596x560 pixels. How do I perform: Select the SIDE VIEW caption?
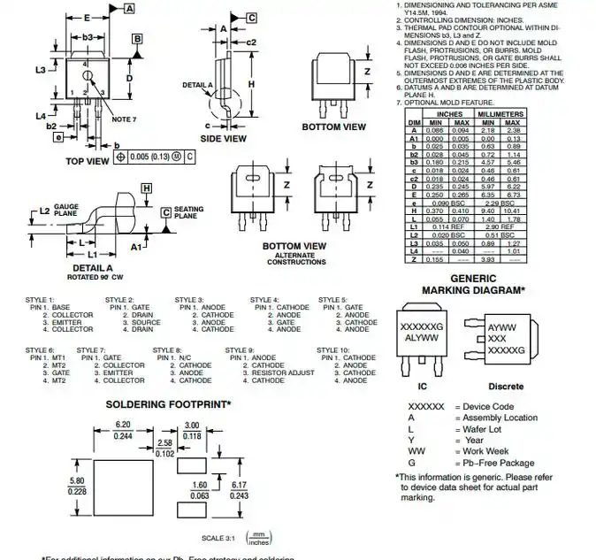coord(223,139)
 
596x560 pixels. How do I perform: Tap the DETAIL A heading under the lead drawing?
coord(92,267)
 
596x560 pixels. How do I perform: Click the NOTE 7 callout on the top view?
coord(125,119)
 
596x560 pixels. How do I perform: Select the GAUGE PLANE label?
coord(65,212)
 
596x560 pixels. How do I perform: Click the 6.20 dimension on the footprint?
coord(124,425)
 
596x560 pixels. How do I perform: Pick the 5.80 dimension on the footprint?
coord(77,481)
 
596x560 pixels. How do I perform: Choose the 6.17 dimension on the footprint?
coord(239,485)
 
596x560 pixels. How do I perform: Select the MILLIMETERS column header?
coord(500,114)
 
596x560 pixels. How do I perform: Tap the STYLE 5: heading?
coord(333,300)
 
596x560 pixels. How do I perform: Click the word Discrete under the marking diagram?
coord(506,387)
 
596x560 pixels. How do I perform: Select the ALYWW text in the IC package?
coord(421,338)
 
